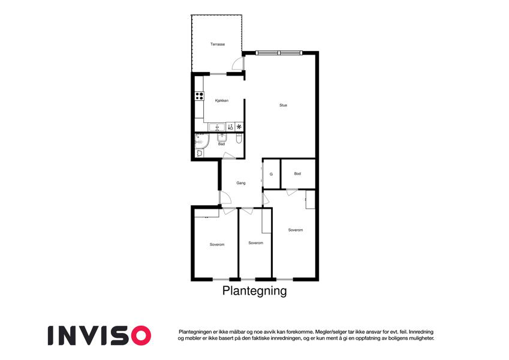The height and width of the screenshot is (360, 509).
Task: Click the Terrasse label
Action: [x=218, y=44]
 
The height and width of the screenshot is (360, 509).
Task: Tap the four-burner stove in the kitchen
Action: [x=199, y=96]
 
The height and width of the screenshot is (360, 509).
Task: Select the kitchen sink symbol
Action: [x=216, y=127]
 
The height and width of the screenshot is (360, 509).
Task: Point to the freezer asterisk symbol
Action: [x=239, y=127]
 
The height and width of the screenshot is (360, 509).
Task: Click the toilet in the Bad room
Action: [x=239, y=139]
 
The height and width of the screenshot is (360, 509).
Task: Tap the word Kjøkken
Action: [x=222, y=101]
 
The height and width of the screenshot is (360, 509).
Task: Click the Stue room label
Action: [x=283, y=105]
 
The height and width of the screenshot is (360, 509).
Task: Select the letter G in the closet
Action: [x=271, y=174]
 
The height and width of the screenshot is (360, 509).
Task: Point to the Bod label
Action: [x=298, y=174]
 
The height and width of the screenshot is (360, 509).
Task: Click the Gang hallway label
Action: [x=241, y=183]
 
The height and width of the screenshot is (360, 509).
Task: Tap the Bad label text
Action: [x=221, y=144]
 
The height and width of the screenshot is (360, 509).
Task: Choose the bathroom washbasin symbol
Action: [x=222, y=137]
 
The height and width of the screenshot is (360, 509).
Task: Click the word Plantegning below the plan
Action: [x=254, y=291]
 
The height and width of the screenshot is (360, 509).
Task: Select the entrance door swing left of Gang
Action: [x=226, y=197]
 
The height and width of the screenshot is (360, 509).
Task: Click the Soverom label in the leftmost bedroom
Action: [x=217, y=245]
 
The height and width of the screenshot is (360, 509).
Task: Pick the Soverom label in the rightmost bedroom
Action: [x=296, y=230]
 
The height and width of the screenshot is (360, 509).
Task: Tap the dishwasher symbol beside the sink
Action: [x=230, y=127]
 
